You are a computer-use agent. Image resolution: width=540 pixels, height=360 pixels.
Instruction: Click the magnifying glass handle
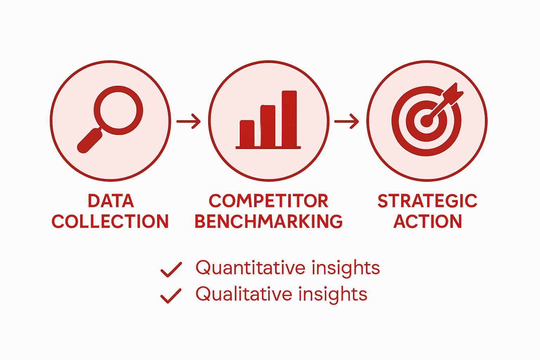point(89,141)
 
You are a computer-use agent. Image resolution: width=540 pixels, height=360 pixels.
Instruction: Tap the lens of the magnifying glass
point(118,110)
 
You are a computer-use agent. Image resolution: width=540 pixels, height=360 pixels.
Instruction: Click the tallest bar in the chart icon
point(289,118)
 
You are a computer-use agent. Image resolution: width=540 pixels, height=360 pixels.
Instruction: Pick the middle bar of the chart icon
point(268,126)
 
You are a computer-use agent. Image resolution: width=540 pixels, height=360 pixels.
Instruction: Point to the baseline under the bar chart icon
point(268,148)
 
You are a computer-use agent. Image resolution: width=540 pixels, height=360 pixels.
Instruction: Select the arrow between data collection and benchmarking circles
point(189,121)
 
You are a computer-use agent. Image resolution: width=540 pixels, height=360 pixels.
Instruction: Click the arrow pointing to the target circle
point(347,121)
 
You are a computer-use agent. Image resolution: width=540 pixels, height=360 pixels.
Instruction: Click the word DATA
point(111,201)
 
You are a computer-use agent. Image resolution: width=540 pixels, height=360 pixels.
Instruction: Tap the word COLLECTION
point(110,221)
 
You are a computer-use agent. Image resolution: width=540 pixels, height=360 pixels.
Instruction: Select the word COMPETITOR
point(269,201)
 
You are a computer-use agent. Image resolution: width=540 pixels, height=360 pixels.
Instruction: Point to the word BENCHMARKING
point(269,221)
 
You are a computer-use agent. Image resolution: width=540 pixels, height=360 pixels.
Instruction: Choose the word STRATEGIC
point(427,201)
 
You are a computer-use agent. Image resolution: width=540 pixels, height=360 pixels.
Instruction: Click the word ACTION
point(427,221)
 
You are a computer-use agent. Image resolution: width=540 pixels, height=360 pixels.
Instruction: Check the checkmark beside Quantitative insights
point(171,270)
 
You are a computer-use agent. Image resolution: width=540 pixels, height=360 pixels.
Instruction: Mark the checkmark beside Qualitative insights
point(171,296)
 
